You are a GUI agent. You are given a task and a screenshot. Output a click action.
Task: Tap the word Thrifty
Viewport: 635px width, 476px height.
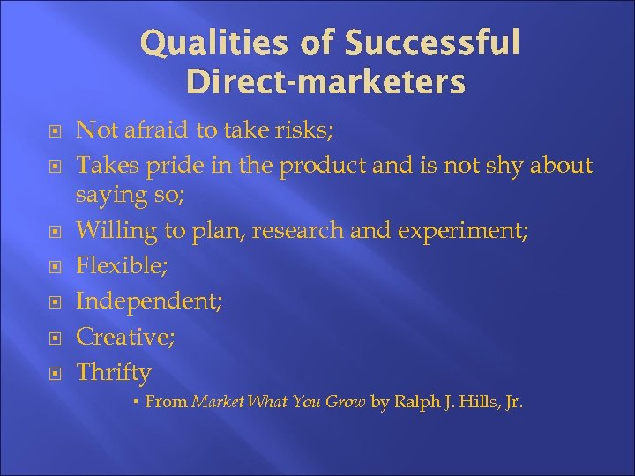114,372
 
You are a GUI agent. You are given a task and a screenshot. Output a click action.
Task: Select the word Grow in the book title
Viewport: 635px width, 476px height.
346,402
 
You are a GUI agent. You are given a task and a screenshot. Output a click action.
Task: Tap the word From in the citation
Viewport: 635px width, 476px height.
166,402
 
